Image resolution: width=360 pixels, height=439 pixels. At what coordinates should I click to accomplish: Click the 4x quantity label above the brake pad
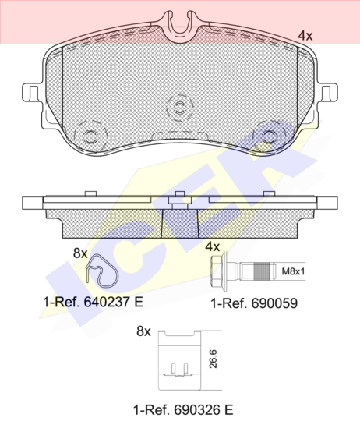(305, 36)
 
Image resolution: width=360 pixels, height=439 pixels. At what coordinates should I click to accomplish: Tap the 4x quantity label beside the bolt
(212, 246)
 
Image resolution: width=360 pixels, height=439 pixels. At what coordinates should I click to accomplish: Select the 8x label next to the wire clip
(80, 253)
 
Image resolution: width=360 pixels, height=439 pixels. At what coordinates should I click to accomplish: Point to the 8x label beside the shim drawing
(143, 331)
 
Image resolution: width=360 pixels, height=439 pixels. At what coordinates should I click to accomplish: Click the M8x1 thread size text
(293, 271)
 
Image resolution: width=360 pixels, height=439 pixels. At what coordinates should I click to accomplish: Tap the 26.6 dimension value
(213, 359)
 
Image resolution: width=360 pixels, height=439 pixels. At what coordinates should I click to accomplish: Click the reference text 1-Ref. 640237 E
(93, 302)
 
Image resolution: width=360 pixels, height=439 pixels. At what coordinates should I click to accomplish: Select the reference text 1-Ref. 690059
(254, 303)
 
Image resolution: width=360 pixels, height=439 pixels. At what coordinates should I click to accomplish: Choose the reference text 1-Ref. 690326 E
(183, 410)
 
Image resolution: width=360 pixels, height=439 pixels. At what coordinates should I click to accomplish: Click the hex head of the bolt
(217, 271)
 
